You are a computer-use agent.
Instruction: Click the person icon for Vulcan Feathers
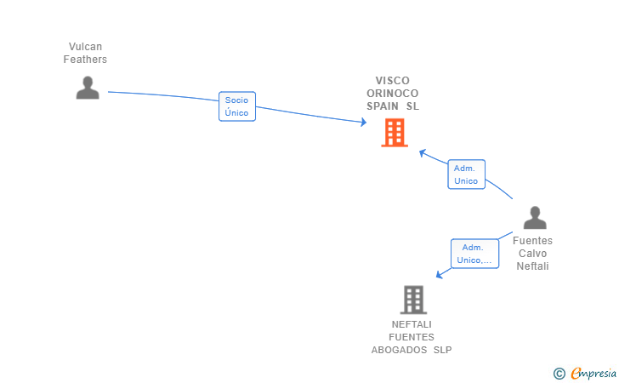(x=88, y=88)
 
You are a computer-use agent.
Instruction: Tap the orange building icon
(x=395, y=133)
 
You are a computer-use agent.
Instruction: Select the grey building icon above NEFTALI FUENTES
(x=413, y=300)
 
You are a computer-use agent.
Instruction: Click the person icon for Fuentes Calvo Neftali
(x=535, y=217)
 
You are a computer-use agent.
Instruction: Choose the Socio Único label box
(x=237, y=106)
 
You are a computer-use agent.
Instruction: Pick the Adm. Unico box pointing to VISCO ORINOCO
(x=466, y=174)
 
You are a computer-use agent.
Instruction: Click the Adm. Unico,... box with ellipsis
(x=474, y=254)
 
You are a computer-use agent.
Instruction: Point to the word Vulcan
(x=85, y=47)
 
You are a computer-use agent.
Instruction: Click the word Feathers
(x=85, y=60)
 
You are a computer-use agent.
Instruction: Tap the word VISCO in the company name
(x=393, y=81)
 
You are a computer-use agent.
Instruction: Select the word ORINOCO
(x=393, y=94)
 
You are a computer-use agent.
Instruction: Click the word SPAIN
(x=383, y=106)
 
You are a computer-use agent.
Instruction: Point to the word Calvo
(x=532, y=254)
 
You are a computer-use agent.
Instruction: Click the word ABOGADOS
(x=399, y=350)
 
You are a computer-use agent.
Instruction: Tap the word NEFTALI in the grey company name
(x=412, y=324)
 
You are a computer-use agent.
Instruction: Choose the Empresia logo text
(x=593, y=373)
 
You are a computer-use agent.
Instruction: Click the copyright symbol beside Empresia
(x=559, y=374)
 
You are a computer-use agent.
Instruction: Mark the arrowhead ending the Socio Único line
(x=364, y=122)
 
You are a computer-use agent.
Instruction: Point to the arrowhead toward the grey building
(x=440, y=274)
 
